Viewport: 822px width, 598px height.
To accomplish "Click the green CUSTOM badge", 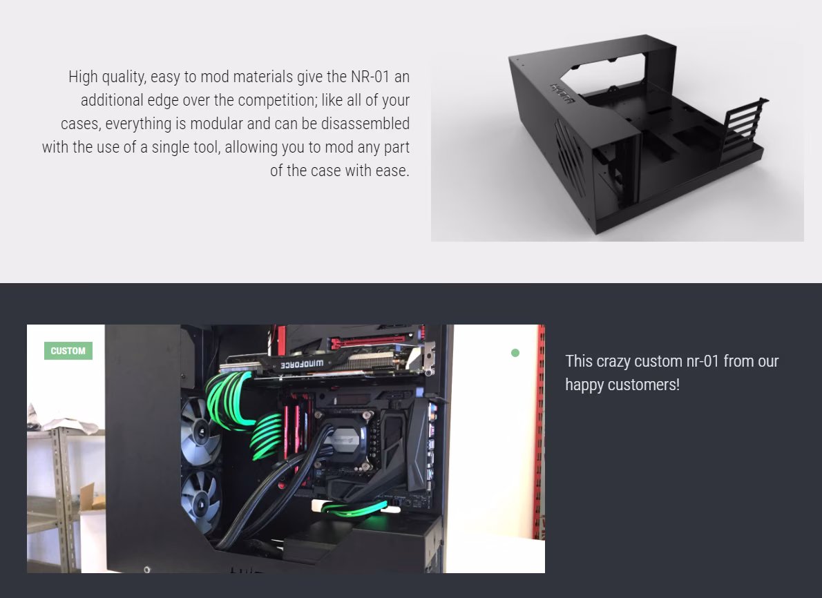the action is pyautogui.click(x=68, y=351).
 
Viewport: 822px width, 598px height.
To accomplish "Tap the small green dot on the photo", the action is pyautogui.click(x=515, y=353).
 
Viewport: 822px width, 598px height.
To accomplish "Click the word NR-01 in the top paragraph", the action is pyautogui.click(x=371, y=77).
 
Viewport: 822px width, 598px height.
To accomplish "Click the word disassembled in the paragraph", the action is pyautogui.click(x=365, y=124).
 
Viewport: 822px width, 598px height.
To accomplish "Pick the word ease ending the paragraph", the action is pyautogui.click(x=392, y=171).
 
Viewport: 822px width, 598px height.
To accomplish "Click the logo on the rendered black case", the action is pyautogui.click(x=562, y=94).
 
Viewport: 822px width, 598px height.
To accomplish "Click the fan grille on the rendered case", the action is pyautogui.click(x=571, y=157).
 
